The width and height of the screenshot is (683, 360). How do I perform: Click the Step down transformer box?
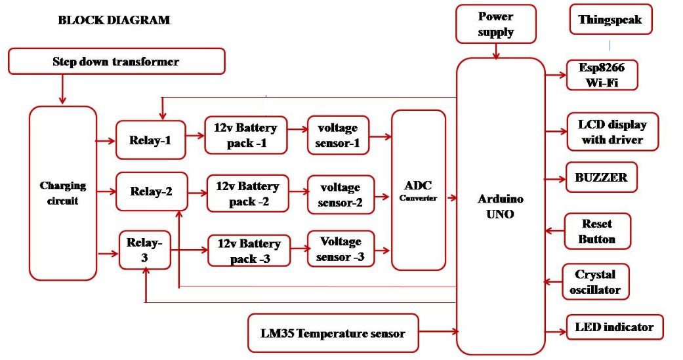(x=116, y=62)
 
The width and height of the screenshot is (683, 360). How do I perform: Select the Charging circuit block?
(x=63, y=193)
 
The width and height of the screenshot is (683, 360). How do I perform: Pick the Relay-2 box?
(x=152, y=191)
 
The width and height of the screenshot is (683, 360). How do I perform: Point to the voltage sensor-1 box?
(x=338, y=135)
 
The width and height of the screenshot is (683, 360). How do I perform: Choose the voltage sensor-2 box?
(x=341, y=195)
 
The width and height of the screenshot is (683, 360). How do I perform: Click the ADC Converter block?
(x=419, y=190)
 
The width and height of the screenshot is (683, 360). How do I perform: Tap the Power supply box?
(x=496, y=24)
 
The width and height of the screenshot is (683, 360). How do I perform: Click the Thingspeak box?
(x=610, y=20)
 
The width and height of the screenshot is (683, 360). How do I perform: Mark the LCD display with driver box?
(x=612, y=132)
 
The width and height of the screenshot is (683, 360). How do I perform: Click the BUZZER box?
(x=601, y=177)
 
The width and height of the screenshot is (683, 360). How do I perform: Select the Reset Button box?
(x=597, y=231)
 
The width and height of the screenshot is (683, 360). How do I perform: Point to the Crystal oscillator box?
(x=597, y=282)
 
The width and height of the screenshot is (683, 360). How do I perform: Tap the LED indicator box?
(x=614, y=327)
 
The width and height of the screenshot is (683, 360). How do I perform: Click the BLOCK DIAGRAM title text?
(x=114, y=20)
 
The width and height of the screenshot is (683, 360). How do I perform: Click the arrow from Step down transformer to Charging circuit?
(x=63, y=89)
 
